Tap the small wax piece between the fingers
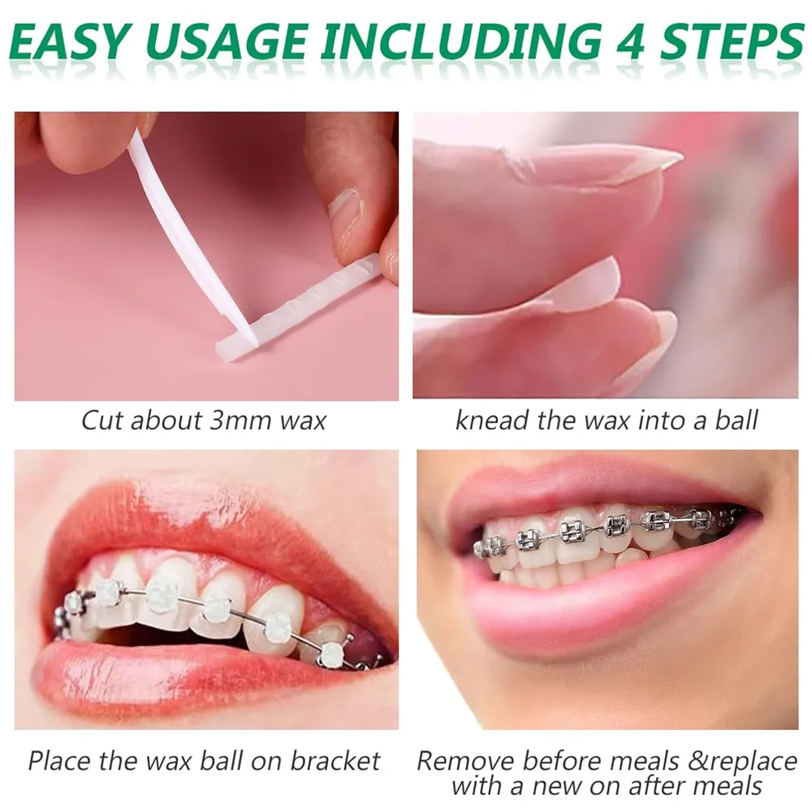[585, 284]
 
